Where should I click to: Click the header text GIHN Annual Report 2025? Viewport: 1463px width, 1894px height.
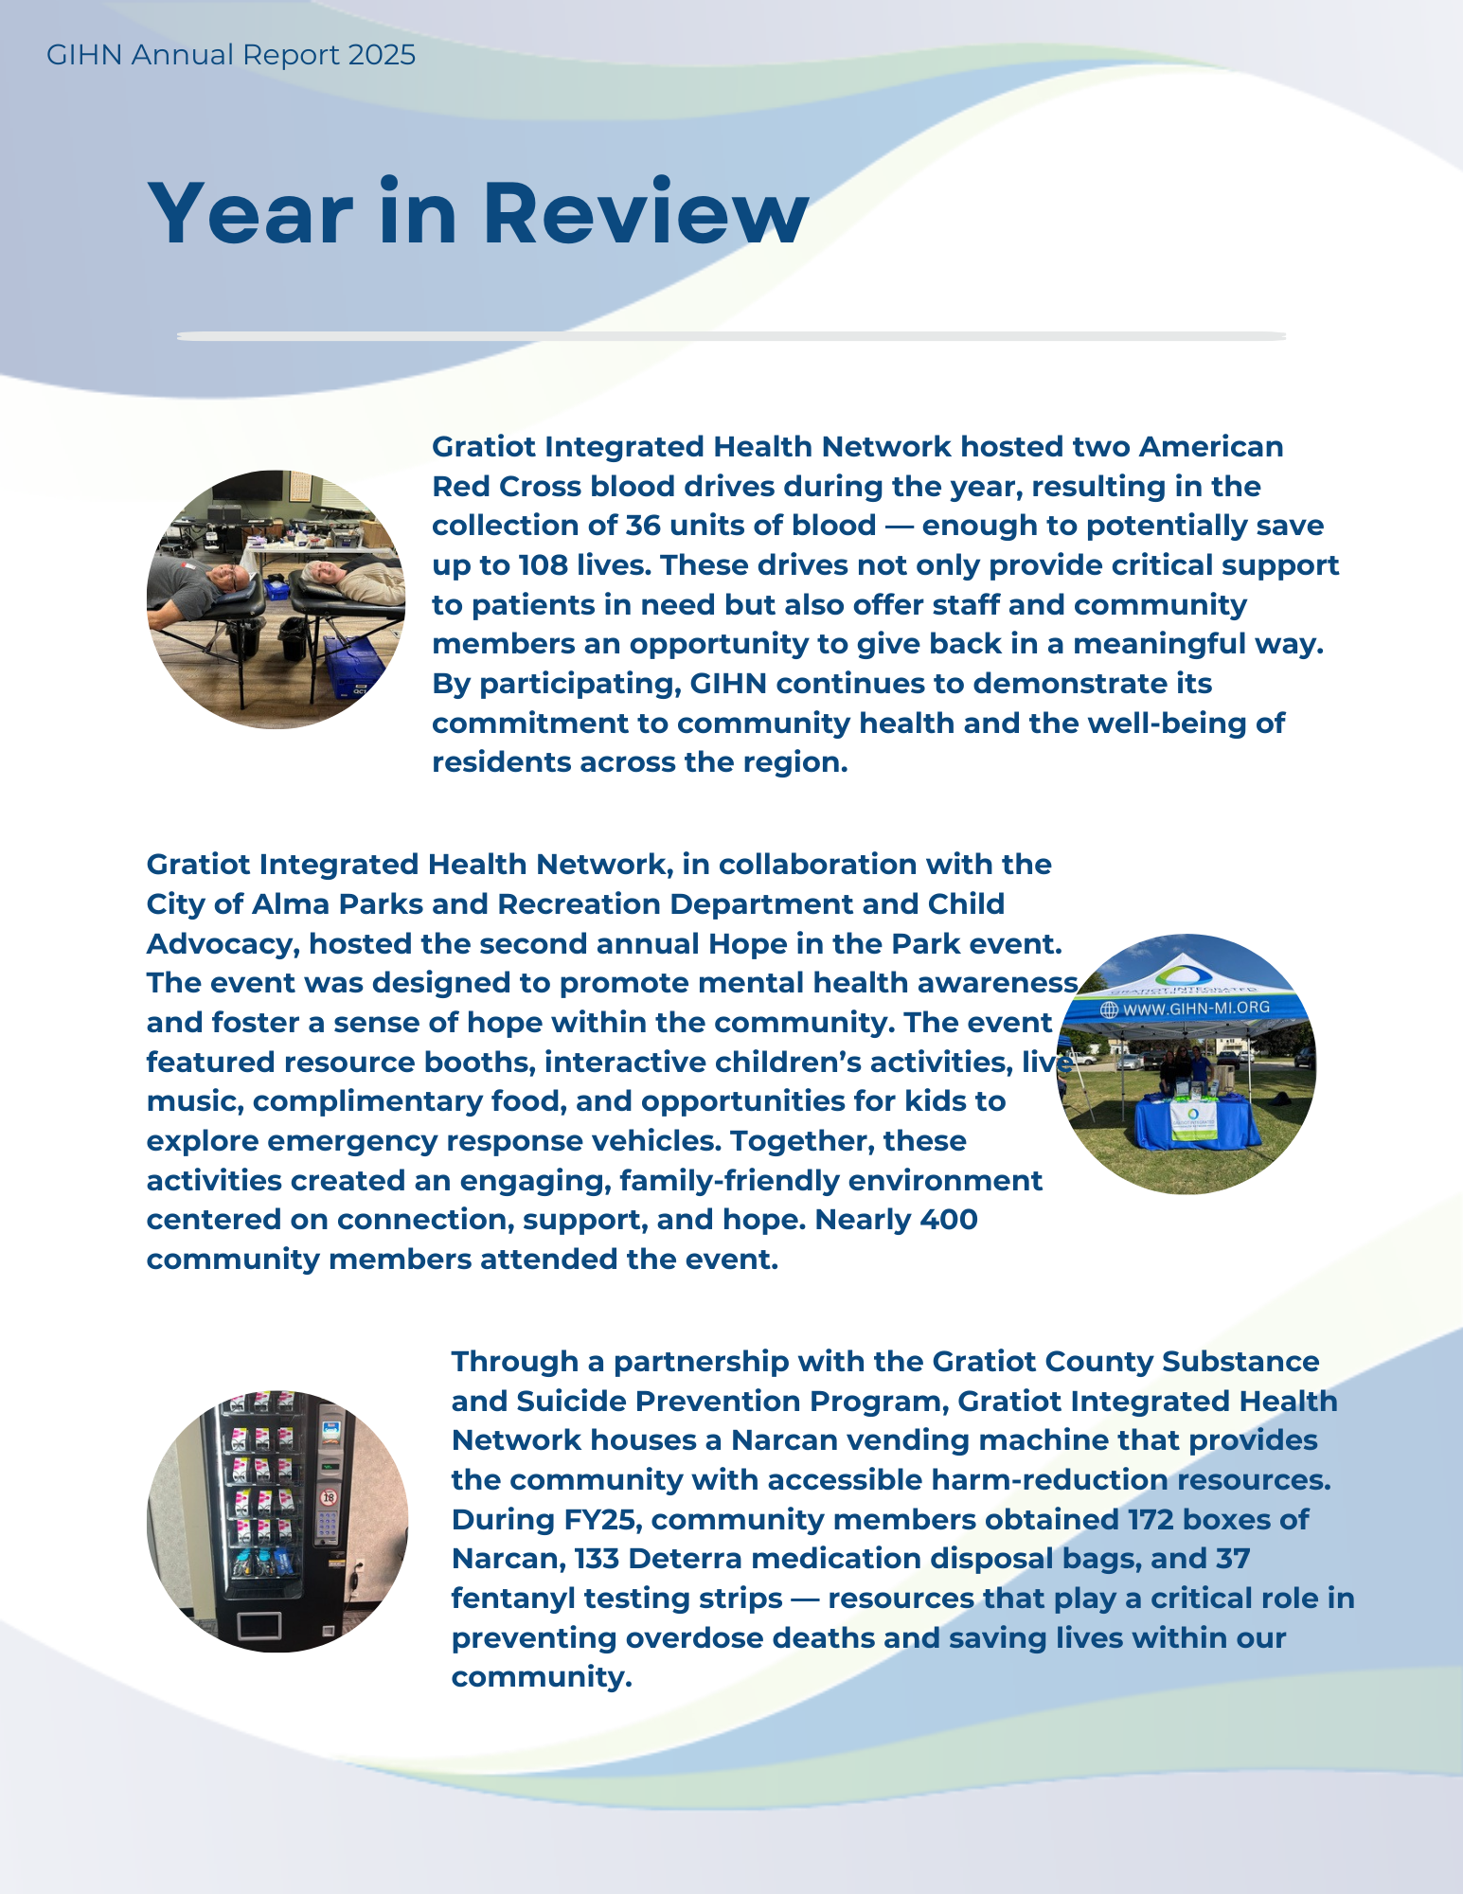pyautogui.click(x=231, y=55)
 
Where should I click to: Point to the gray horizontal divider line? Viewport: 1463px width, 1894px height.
pyautogui.click(x=731, y=336)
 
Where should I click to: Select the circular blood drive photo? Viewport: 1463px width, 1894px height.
pyautogui.click(x=276, y=599)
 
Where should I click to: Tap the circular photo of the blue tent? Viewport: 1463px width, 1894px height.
pyautogui.click(x=1186, y=1063)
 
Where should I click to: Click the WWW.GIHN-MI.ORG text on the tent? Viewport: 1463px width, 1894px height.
pyautogui.click(x=1195, y=1009)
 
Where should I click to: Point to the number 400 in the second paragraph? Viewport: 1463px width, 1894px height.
pyautogui.click(x=948, y=1220)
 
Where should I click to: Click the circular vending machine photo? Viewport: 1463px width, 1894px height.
pyautogui.click(x=277, y=1521)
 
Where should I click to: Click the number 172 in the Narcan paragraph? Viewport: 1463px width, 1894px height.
pyautogui.click(x=1151, y=1520)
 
